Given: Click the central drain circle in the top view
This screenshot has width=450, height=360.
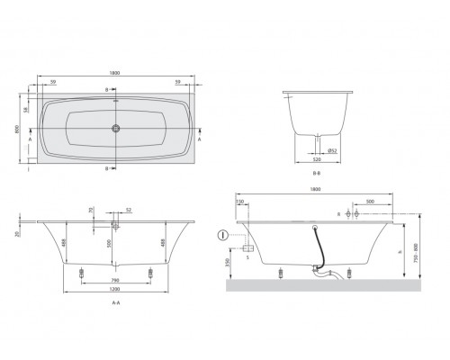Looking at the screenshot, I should click(x=115, y=128).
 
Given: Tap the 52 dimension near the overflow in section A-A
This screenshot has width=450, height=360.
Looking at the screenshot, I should click(x=129, y=211).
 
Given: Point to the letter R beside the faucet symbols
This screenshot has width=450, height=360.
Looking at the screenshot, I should click(x=337, y=216).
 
